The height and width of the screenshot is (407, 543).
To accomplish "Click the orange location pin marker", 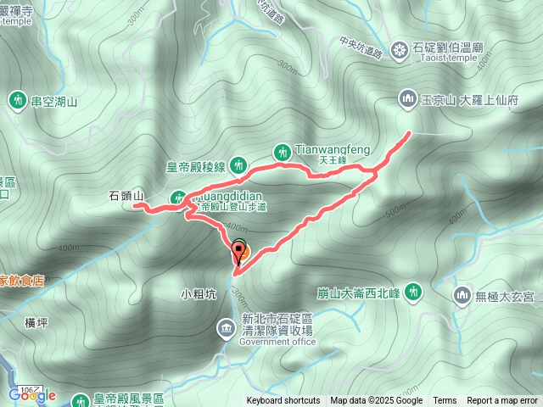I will pos(239,251).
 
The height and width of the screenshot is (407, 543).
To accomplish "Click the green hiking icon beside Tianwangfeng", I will pos(282,152).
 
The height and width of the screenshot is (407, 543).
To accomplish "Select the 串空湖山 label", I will pos(54,102).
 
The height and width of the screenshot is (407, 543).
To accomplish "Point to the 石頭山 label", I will pos(126,196).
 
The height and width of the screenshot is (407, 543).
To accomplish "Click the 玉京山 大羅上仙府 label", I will pos(468,99).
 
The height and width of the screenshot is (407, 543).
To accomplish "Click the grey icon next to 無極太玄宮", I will pos(462,295).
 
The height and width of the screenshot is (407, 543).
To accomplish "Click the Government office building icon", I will pos(226,326).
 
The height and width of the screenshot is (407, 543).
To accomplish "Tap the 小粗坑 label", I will pos(199,295).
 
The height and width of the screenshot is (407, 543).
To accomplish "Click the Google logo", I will pos(32,394).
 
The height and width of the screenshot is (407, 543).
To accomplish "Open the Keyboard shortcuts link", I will pos(283,401).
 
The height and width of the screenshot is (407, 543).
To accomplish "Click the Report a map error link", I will pos(502,401).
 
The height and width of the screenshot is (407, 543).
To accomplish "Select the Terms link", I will pos(445,401).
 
